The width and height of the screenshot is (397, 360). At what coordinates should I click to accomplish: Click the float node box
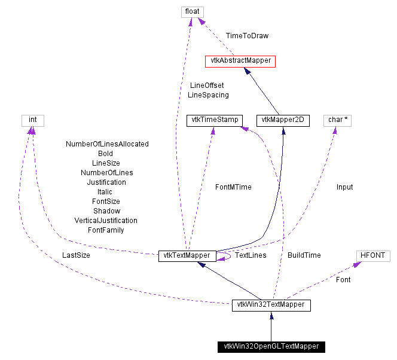(193, 11)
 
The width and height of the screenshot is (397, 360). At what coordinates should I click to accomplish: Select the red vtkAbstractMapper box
(240, 60)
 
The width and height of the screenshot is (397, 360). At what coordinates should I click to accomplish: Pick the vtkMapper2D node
(282, 120)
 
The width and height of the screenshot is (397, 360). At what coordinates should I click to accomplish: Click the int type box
(33, 120)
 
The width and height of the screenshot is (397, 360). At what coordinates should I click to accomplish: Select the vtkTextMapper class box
(187, 255)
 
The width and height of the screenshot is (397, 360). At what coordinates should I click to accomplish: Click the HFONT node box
(372, 255)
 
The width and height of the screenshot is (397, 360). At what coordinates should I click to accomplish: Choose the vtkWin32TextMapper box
(271, 305)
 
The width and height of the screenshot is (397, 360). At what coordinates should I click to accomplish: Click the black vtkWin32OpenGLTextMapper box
(271, 346)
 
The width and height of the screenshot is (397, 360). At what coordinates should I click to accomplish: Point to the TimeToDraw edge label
(247, 36)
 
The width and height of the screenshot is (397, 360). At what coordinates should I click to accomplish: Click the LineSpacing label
(208, 95)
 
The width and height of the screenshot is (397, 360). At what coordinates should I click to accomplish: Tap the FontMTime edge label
(233, 187)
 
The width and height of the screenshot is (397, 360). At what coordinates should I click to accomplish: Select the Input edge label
(344, 187)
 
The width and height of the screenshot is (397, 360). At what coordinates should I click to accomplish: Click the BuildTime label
(304, 255)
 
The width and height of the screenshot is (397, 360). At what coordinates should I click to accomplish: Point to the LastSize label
(76, 255)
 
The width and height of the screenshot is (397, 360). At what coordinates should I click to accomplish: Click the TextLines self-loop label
(250, 255)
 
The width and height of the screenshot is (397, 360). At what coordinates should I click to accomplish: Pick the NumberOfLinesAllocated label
(107, 144)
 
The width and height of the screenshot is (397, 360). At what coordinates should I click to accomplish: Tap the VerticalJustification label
(105, 221)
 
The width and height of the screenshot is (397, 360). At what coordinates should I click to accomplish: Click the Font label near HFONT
(343, 279)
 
